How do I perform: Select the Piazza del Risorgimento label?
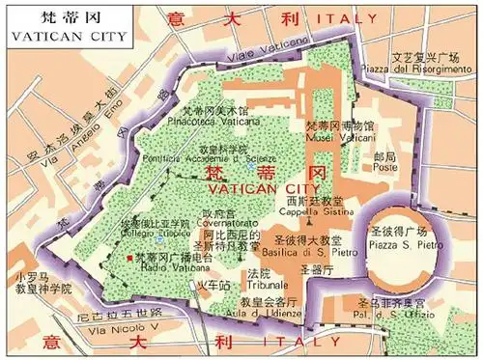coord(431,69)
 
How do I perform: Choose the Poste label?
coord(385,167)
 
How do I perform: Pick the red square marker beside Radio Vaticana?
coord(128,260)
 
